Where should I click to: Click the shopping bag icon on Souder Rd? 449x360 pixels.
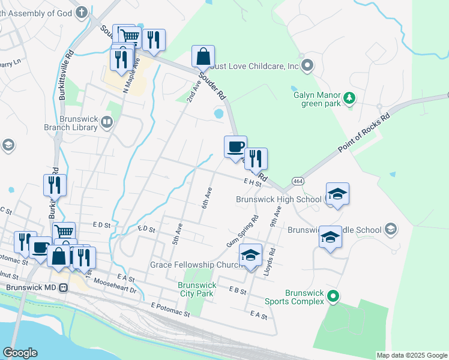[x=203, y=56]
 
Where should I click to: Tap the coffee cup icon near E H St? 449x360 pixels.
[x=235, y=146]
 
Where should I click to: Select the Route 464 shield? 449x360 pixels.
[x=298, y=181]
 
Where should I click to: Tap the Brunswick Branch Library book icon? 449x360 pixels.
[x=107, y=123]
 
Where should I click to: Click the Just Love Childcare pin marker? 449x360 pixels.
[x=308, y=65]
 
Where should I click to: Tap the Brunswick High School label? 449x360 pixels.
[x=279, y=199]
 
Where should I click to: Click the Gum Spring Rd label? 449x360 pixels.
[x=243, y=230]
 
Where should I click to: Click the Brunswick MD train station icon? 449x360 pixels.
[x=63, y=287]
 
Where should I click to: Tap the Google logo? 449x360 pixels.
[x=20, y=353]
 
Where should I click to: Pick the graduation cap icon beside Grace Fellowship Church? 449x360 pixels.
[x=251, y=254]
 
